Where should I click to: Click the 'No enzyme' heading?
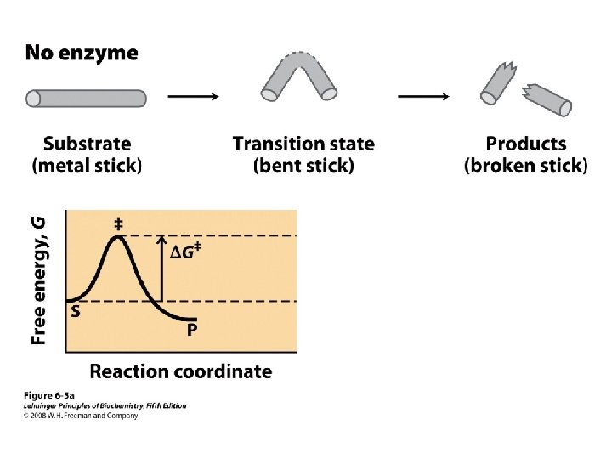click(81, 54)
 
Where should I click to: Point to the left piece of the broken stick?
click(496, 86)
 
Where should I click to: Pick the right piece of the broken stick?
click(548, 98)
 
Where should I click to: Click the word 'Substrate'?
click(87, 144)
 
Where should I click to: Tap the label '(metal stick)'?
click(87, 166)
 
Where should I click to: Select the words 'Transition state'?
click(303, 144)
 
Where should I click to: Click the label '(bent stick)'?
click(303, 166)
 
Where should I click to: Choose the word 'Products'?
click(525, 144)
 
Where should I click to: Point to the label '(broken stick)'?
click(525, 166)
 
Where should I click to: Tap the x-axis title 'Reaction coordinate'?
click(181, 371)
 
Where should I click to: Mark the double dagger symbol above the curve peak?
click(118, 224)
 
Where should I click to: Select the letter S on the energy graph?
click(76, 312)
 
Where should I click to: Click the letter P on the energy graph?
click(192, 330)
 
